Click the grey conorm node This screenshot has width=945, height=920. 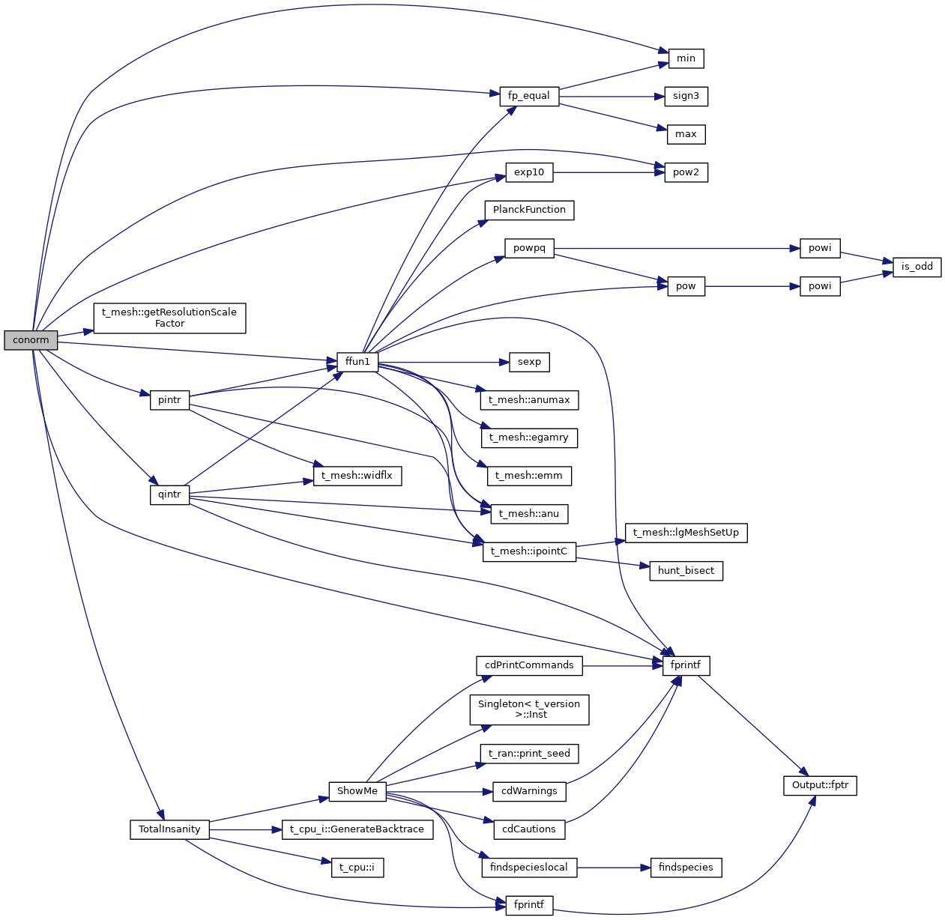coord(31,340)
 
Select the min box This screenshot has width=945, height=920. coord(686,58)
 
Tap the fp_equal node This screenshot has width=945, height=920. coord(529,96)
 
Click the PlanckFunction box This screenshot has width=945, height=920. coord(529,210)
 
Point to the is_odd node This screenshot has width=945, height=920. coord(917,267)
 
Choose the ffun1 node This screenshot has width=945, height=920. coord(357,362)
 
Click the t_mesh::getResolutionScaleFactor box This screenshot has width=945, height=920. coord(169,318)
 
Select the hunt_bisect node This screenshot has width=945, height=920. coord(686,571)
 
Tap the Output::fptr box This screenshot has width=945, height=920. coord(820,785)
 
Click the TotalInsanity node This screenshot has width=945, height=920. coord(169,829)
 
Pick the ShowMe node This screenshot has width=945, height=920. coord(357,791)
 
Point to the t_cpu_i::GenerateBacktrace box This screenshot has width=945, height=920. coord(357,829)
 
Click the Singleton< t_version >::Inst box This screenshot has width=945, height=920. coord(529,709)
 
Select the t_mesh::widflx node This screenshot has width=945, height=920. coord(357,476)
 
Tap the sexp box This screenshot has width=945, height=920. coord(529,362)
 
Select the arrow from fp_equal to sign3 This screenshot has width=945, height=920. coord(612,96)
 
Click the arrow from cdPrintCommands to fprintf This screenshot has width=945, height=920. coord(622,665)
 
